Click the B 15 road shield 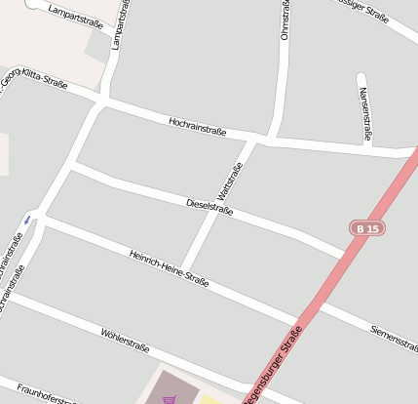364,228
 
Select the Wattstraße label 231,182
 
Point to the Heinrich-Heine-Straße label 169,268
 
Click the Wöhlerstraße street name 125,341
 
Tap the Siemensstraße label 394,337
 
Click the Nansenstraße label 364,115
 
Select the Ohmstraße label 285,20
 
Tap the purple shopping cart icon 170,398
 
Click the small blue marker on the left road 29,219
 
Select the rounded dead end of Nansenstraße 361,77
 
